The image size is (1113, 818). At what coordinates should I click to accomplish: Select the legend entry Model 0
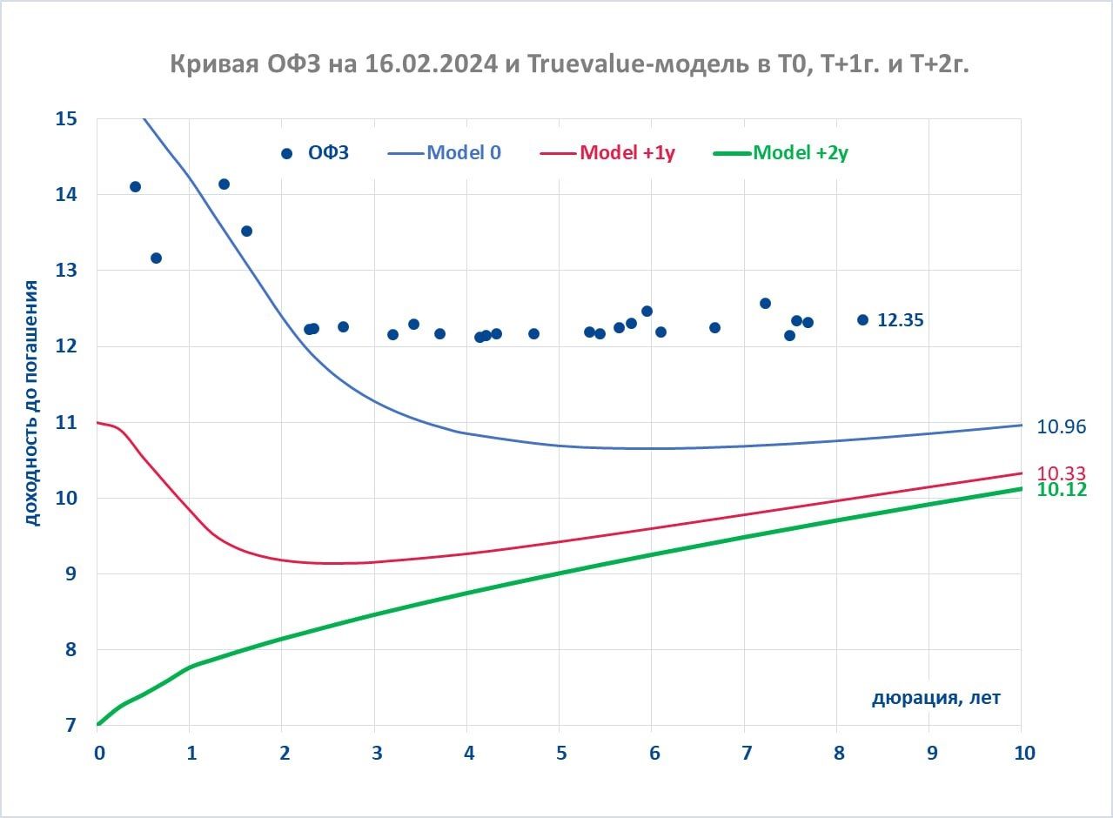(x=463, y=153)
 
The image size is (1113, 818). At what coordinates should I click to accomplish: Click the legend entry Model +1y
(x=627, y=153)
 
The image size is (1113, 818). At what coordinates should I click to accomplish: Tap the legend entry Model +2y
(x=801, y=153)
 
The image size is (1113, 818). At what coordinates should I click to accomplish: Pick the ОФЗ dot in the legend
(x=286, y=154)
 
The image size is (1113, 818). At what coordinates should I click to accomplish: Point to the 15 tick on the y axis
(x=66, y=118)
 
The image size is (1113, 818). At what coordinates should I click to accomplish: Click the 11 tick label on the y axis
(x=66, y=423)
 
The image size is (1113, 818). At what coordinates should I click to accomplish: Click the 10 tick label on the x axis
(x=1023, y=754)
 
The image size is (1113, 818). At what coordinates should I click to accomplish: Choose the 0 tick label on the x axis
(x=98, y=754)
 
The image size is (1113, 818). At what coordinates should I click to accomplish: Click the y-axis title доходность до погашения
(x=31, y=403)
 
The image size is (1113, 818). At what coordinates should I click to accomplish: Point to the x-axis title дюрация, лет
(x=936, y=698)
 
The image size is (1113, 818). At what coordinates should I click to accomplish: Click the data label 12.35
(x=900, y=320)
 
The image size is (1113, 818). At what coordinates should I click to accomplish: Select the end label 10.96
(x=1061, y=426)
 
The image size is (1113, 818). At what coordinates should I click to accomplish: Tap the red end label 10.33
(x=1061, y=473)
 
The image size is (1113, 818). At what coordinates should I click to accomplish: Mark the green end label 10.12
(x=1061, y=490)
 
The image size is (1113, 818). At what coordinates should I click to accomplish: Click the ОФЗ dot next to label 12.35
(x=862, y=319)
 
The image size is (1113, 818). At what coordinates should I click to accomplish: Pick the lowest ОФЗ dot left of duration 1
(x=156, y=258)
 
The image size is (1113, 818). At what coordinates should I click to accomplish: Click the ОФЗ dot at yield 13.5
(x=246, y=231)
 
